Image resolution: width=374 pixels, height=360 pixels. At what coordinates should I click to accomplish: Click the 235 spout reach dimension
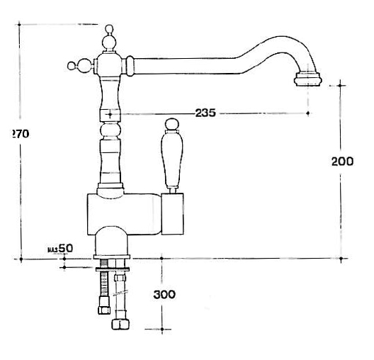point(205,113)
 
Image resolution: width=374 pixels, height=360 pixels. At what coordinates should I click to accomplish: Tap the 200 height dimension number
point(343,162)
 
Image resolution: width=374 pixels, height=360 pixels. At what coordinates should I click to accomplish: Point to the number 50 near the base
point(65,249)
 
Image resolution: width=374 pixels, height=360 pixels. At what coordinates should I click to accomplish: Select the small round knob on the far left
point(71,67)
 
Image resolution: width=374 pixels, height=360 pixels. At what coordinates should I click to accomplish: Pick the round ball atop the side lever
point(171,127)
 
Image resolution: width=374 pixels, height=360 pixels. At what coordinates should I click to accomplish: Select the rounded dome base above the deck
point(111,241)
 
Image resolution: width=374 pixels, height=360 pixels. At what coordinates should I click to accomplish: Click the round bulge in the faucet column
point(110,132)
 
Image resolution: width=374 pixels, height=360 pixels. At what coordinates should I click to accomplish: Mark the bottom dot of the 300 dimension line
point(163,330)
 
